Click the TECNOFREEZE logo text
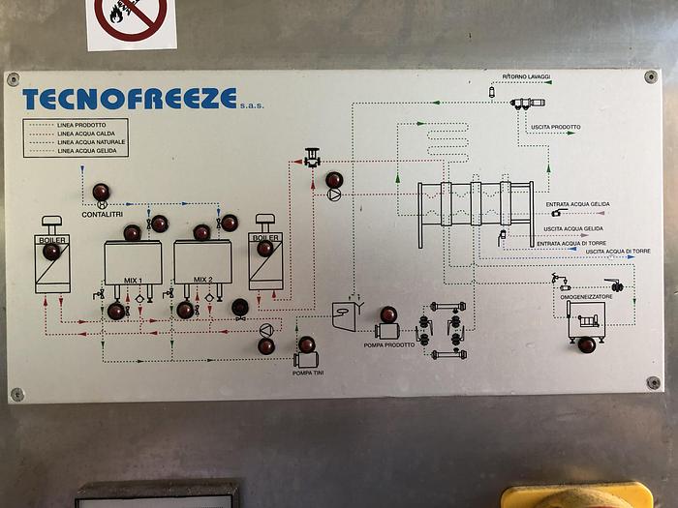point(129,99)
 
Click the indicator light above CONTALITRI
point(101,190)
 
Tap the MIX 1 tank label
point(133,280)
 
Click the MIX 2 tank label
point(202,280)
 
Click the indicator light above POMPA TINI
point(306,344)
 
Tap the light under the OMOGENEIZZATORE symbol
point(587,344)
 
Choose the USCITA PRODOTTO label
point(556,127)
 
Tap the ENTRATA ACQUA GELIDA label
point(578,204)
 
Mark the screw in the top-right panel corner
point(651,77)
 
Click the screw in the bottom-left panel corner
point(16,394)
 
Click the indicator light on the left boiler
point(51,252)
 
